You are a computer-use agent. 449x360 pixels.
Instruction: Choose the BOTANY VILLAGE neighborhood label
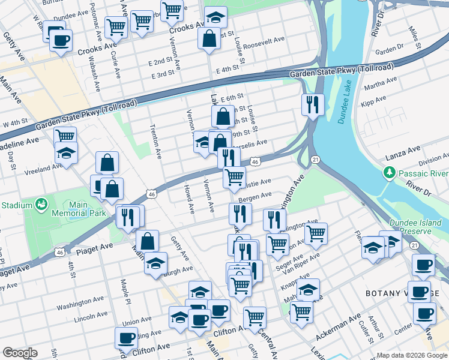(x=396, y=293)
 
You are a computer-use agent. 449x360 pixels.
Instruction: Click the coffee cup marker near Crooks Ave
(x=60, y=41)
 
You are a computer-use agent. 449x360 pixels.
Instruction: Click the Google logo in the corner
(x=20, y=353)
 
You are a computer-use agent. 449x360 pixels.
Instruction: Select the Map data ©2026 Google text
(x=411, y=355)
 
